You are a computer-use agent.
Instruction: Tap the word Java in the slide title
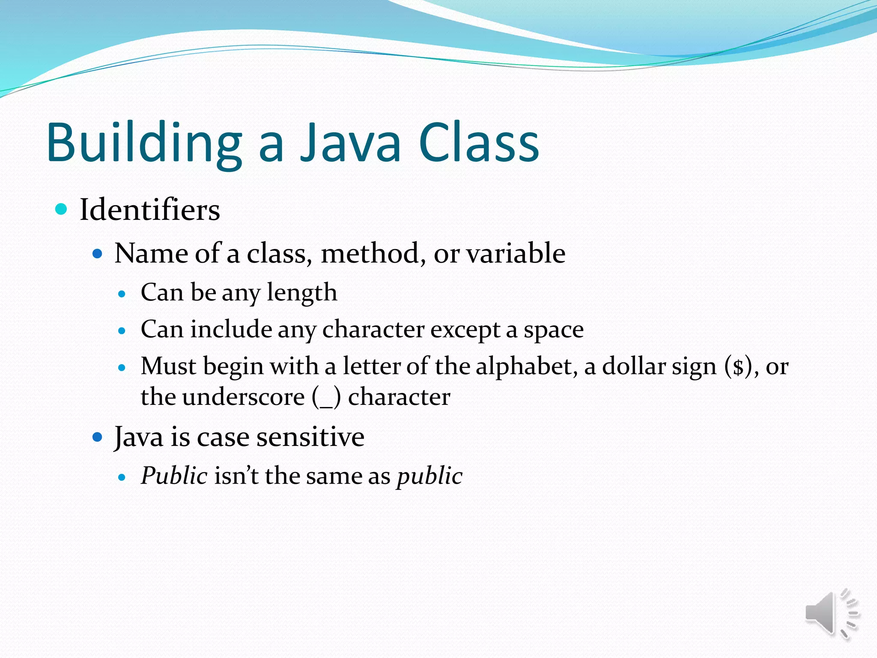[350, 143]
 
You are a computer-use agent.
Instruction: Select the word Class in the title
[479, 143]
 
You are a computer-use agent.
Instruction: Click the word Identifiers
[150, 210]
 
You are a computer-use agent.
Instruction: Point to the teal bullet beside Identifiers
[62, 209]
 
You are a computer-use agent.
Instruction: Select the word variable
[516, 253]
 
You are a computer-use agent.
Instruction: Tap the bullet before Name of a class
[98, 254]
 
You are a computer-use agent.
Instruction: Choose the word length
[302, 293]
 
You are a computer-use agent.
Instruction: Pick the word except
[465, 330]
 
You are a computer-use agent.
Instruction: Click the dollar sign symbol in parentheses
[738, 368]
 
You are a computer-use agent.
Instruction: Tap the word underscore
[243, 397]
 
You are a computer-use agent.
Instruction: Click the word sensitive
[310, 437]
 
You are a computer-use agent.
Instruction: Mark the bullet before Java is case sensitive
[98, 437]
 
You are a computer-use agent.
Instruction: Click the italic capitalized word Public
[174, 476]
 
